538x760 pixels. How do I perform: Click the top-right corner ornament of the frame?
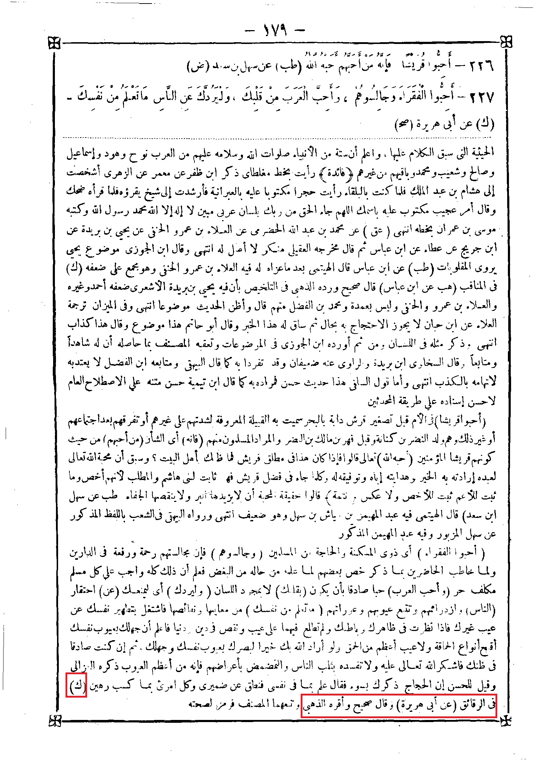(507, 41)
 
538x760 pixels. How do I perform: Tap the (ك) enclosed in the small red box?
(77, 687)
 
